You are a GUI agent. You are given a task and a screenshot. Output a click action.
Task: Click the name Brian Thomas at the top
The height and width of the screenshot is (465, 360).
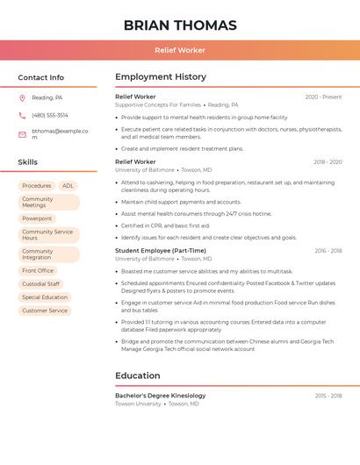tap(180, 25)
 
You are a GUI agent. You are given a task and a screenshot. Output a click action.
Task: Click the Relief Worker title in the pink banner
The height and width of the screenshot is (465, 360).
tap(180, 50)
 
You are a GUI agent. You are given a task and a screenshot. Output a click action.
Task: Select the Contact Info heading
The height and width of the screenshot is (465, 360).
tap(41, 77)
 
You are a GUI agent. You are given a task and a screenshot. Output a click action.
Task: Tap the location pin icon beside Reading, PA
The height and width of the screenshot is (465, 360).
tap(22, 98)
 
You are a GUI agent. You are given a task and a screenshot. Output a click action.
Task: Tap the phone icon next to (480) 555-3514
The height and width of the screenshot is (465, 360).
tap(22, 115)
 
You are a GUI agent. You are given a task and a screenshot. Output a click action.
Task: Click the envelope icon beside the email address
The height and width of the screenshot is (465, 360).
tap(22, 134)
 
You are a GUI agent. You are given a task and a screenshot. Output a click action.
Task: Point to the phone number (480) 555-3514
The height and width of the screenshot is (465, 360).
tap(50, 115)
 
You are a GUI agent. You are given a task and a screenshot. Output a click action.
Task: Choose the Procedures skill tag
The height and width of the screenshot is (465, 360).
tap(37, 186)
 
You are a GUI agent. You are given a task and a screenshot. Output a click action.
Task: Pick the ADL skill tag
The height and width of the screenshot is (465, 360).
tap(68, 186)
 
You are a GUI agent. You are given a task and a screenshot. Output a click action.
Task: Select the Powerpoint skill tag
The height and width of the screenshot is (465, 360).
tap(37, 218)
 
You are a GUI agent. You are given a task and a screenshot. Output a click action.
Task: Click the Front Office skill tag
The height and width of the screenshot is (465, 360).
tap(38, 271)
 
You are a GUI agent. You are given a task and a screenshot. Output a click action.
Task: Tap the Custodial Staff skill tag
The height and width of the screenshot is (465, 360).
tap(40, 284)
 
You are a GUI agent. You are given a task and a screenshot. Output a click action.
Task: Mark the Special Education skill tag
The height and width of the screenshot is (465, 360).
tap(45, 297)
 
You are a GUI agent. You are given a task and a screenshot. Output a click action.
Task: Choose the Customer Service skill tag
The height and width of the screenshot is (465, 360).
tap(45, 311)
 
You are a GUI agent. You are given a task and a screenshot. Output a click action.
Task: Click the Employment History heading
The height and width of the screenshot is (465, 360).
tap(161, 77)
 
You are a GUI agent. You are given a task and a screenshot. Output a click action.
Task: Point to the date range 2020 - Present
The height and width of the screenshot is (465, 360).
tap(323, 97)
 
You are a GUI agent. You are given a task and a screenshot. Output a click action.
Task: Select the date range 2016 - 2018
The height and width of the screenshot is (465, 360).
tap(328, 251)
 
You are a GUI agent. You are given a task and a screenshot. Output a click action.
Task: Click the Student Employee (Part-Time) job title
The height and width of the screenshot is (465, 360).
tap(161, 251)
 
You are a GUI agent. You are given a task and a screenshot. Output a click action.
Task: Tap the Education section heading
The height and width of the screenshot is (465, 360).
tap(138, 376)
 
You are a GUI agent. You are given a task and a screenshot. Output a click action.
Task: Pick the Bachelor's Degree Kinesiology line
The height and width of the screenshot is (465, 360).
tap(161, 396)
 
